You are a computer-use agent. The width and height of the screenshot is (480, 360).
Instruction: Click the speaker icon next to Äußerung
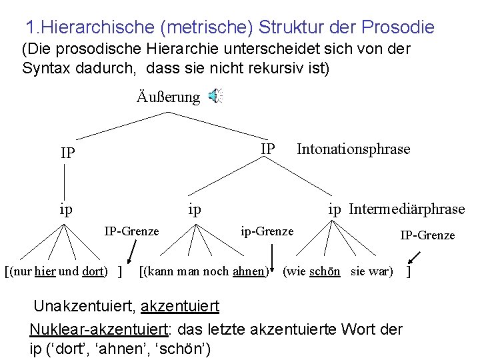coord(215,97)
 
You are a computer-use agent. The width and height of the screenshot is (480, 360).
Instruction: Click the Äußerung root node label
coord(168,97)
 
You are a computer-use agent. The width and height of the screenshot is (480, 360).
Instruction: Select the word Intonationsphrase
coord(353,149)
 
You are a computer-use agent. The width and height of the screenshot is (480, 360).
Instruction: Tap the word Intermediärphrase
coord(407,209)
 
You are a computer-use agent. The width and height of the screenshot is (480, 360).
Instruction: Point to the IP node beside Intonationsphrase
coord(267,148)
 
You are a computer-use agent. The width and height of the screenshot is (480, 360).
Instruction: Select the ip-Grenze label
coord(267,231)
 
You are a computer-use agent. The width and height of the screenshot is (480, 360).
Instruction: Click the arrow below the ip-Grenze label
coord(272,256)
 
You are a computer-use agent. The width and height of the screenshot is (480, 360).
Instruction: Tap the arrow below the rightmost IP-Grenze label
coord(414,256)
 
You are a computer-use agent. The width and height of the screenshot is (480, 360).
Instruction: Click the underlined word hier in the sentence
coord(45,272)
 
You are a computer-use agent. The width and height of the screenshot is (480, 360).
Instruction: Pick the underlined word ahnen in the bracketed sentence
coord(250,272)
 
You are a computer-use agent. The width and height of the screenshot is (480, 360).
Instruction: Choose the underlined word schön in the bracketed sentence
coord(325,272)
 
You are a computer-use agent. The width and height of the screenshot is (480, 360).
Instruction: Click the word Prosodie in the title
coord(397,27)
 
